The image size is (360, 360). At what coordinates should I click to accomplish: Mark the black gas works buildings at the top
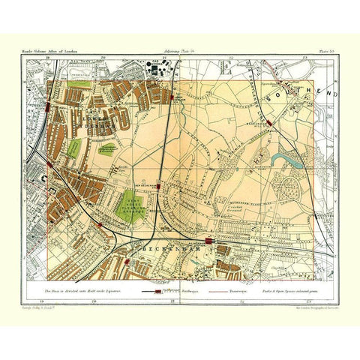pyautogui.click(x=159, y=70)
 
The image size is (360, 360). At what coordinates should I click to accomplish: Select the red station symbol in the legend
pyautogui.click(x=157, y=289)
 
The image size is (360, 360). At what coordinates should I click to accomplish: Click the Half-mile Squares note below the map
pyautogui.click(x=74, y=288)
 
